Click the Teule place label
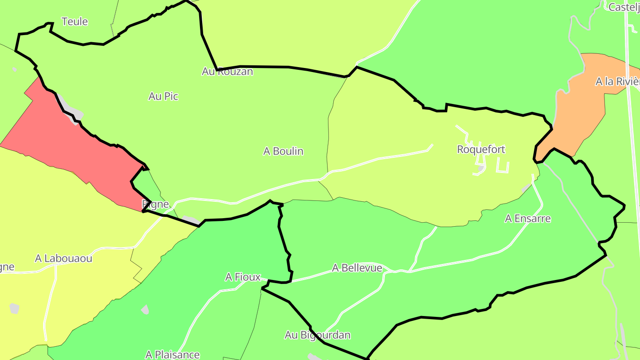[75, 21]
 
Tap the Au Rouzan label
[227, 71]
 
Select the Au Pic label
[163, 96]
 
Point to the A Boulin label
[283, 151]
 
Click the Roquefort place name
[481, 149]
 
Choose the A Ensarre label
[528, 218]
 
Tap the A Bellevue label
[357, 268]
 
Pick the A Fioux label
[243, 277]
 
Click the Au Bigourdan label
[317, 335]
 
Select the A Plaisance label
[172, 355]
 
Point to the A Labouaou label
[64, 258]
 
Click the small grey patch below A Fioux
[145, 309]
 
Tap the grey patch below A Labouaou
[15, 308]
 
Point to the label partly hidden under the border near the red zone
[156, 204]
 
